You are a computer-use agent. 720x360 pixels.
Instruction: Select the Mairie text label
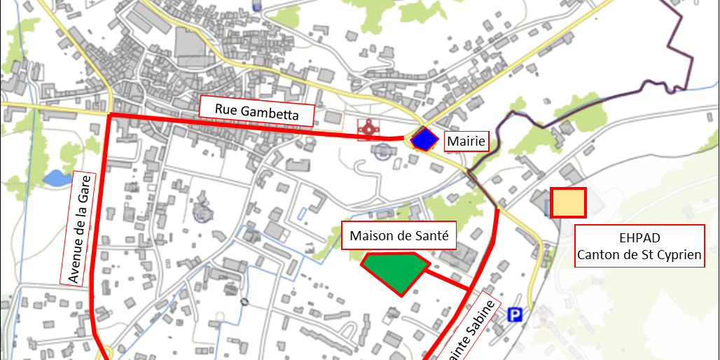pyautogui.click(x=466, y=141)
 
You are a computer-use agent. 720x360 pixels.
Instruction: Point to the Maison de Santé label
pyautogui.click(x=399, y=236)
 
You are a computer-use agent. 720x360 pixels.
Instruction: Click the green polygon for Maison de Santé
pyautogui.click(x=395, y=271)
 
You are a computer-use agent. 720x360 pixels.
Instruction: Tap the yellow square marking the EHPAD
pyautogui.click(x=568, y=203)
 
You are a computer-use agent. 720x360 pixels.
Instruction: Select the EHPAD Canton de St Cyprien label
pyautogui.click(x=639, y=246)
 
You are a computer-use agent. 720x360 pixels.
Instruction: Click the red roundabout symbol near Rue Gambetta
pyautogui.click(x=368, y=129)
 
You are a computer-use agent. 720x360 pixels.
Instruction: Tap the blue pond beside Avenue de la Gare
pyautogui.click(x=56, y=177)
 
